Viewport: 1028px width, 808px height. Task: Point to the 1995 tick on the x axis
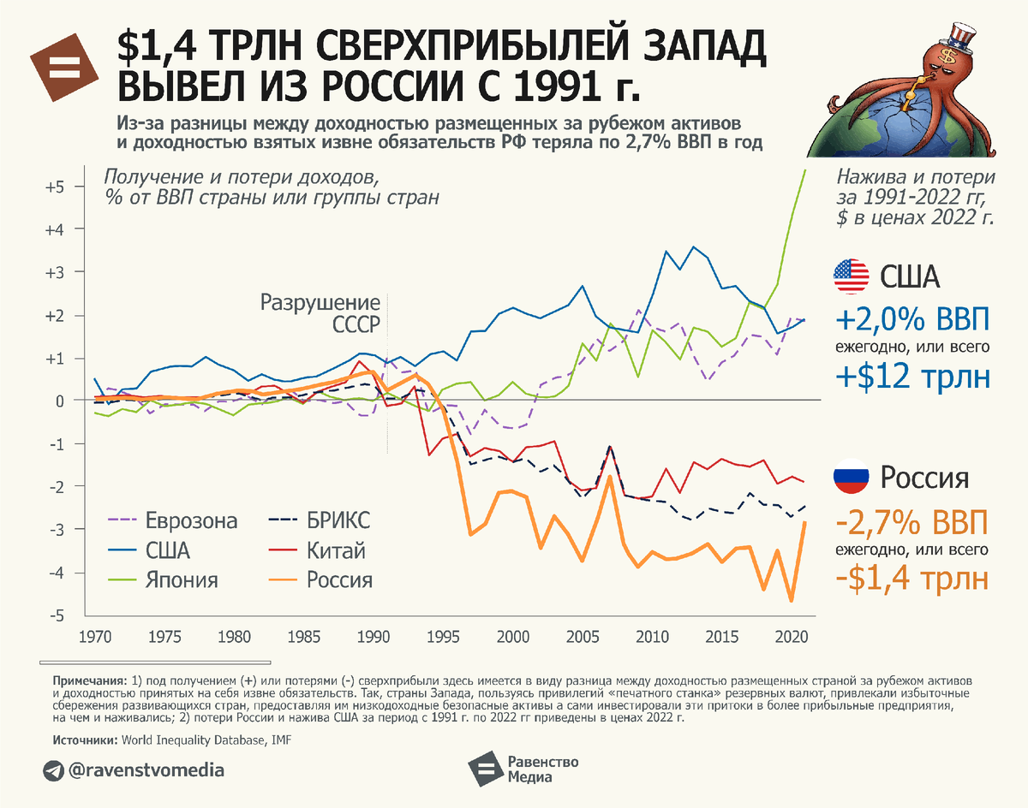442,638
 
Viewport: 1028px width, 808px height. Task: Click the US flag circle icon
852,277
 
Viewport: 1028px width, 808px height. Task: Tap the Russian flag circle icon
852,477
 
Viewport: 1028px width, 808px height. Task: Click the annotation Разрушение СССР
320,313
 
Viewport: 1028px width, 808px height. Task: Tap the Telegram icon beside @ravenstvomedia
53,770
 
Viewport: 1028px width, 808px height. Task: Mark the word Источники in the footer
84,738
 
